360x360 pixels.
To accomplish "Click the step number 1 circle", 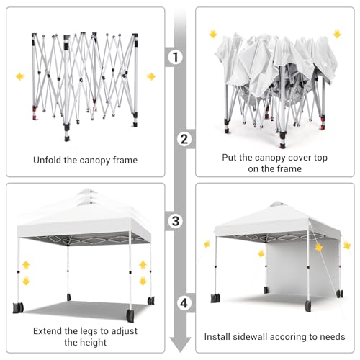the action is (176, 57).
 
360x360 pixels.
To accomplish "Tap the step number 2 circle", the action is (184, 139).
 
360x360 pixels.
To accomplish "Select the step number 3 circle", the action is (176, 221).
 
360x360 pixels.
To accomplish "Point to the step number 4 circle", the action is (184, 303).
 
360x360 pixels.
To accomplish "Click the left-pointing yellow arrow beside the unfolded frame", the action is (20, 76).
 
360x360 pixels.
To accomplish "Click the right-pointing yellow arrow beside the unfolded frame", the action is (151, 76).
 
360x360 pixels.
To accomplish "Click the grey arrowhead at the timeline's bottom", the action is (180, 344).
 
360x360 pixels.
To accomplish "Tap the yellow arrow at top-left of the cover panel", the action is (213, 34).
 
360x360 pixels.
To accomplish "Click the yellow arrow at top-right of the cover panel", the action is (337, 34).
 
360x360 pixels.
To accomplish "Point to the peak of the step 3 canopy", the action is (88, 189).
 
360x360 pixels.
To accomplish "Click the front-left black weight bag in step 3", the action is (18, 307).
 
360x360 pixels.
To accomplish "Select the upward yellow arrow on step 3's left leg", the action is (26, 265).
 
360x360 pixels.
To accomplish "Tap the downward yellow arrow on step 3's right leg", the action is (143, 281).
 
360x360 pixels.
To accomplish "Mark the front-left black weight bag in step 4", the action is (215, 298).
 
